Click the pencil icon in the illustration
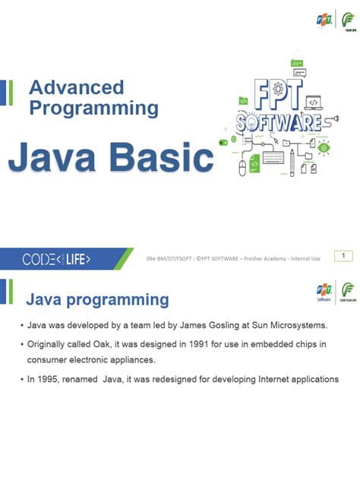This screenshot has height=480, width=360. (x=292, y=159)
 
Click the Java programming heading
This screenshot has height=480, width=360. (x=98, y=299)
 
